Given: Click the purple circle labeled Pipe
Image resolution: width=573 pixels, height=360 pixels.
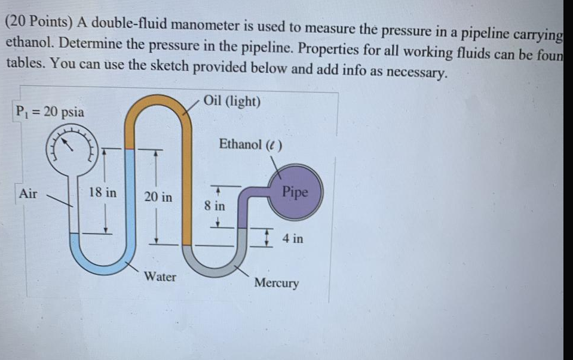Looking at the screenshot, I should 295,192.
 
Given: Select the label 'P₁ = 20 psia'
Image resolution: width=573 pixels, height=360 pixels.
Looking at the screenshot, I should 50,112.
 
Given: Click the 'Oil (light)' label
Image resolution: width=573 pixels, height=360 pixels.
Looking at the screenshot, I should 232,101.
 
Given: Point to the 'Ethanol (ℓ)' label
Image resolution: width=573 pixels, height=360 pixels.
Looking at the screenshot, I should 250,144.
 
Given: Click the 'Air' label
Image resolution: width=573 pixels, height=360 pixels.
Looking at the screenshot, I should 28,193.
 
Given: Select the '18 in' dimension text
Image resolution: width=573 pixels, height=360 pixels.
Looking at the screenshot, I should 103,192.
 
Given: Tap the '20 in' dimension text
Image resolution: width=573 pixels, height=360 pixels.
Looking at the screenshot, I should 158,196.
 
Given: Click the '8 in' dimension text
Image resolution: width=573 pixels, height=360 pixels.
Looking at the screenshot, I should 214,206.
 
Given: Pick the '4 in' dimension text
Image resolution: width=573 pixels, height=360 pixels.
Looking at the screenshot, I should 292,239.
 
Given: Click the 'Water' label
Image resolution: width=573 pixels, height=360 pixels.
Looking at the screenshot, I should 160,276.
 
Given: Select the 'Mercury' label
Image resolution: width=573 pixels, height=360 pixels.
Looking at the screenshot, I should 276,282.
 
